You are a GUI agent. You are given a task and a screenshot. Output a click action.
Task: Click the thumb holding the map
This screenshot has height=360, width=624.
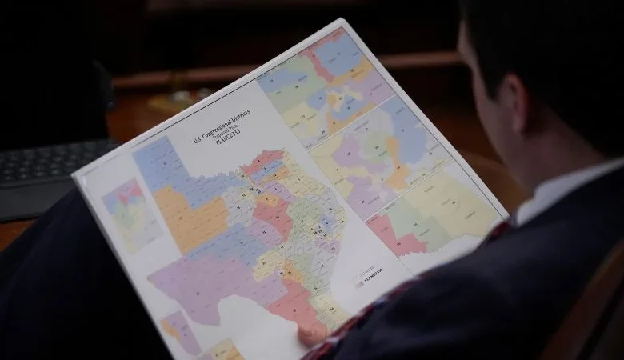click(x=313, y=331)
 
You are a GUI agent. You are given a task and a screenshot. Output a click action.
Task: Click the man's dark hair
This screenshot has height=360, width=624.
click(x=544, y=48)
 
